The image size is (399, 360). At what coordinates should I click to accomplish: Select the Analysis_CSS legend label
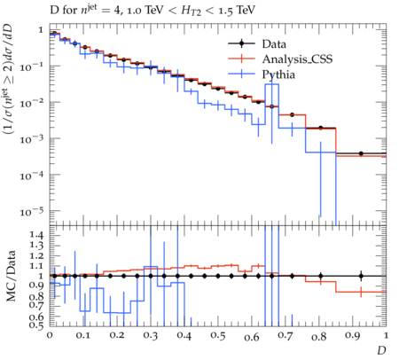click(x=297, y=59)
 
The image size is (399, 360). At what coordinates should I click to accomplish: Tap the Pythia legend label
click(x=278, y=74)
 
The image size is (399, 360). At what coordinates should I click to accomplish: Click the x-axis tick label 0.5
click(x=218, y=336)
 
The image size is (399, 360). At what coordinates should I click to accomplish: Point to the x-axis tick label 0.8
click(x=319, y=336)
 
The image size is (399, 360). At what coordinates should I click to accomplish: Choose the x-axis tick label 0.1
click(x=82, y=336)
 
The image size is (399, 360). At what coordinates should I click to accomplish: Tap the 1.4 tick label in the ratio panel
click(x=36, y=235)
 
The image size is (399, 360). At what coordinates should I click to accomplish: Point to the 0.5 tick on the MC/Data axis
click(x=36, y=325)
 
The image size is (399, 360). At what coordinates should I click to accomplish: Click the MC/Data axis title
click(x=11, y=276)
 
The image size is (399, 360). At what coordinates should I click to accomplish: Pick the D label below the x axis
click(x=381, y=350)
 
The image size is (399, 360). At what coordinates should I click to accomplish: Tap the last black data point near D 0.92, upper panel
click(x=361, y=153)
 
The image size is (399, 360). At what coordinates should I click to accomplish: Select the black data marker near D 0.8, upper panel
click(x=321, y=128)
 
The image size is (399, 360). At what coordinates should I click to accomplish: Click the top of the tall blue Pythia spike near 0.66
click(x=271, y=84)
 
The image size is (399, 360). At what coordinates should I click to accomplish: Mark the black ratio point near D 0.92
click(x=361, y=276)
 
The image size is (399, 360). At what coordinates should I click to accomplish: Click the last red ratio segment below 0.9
click(x=361, y=292)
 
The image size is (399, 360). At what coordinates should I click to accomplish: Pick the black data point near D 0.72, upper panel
click(x=292, y=114)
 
